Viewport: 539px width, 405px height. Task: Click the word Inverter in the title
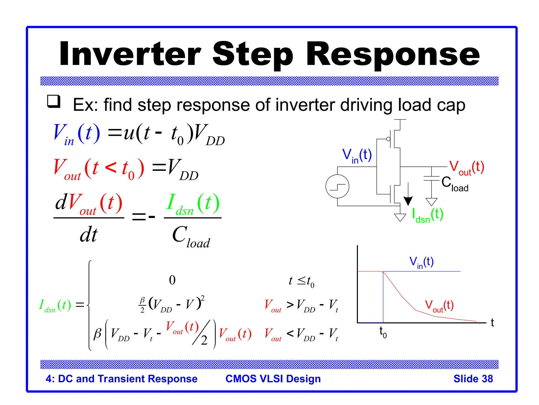click(x=130, y=54)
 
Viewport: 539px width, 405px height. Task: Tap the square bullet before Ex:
click(x=54, y=102)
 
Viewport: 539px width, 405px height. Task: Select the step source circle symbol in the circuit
click(x=337, y=186)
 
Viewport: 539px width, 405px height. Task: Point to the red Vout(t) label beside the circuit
click(x=466, y=167)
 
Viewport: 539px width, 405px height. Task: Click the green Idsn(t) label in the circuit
click(x=427, y=215)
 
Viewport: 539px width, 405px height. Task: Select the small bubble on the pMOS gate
click(x=388, y=139)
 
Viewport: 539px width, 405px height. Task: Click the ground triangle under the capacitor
click(x=431, y=202)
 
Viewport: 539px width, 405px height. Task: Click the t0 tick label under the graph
click(x=383, y=332)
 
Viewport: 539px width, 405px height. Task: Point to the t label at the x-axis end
click(x=492, y=322)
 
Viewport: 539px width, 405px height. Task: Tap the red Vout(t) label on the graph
click(x=439, y=306)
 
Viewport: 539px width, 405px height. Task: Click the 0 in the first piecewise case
click(x=172, y=280)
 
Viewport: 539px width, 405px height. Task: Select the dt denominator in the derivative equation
click(x=89, y=235)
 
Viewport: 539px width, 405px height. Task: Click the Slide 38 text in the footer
click(x=473, y=379)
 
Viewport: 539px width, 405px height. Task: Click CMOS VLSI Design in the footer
click(x=273, y=379)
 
